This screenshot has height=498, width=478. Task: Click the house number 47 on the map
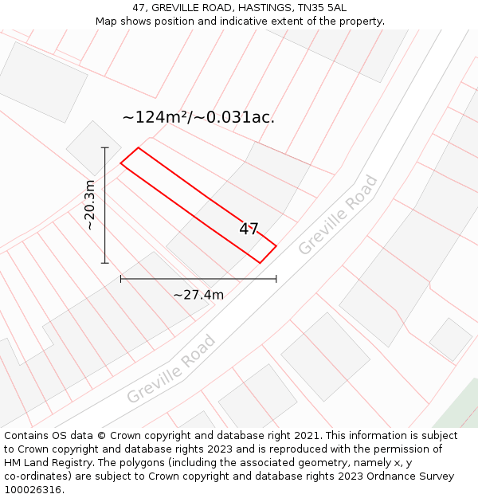[249, 229]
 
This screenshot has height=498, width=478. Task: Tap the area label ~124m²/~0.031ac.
[198, 117]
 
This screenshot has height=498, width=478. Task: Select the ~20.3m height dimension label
[90, 205]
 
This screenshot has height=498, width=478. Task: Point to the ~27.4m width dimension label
[198, 295]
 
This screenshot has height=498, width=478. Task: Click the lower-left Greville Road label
[170, 370]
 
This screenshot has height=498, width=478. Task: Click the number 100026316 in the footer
[32, 490]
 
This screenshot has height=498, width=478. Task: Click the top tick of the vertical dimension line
[104, 147]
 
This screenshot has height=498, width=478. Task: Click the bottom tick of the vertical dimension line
[104, 263]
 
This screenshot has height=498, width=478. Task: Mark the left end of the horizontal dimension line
[121, 279]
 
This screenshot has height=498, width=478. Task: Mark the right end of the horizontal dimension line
[276, 279]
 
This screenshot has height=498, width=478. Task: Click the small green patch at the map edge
[461, 411]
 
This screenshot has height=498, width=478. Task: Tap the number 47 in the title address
[139, 8]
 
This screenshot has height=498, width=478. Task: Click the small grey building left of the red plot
[93, 148]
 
